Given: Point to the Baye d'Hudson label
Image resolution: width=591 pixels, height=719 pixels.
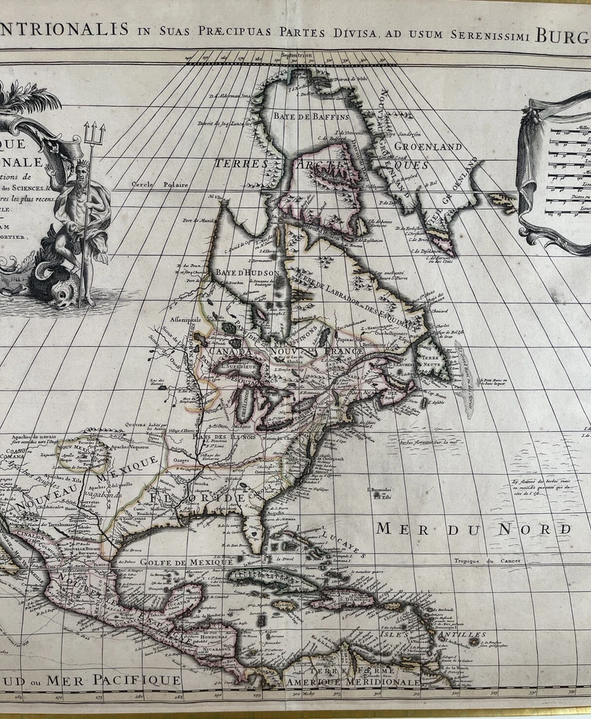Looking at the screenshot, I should point(237,273).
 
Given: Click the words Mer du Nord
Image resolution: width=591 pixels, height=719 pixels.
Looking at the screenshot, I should point(473,530).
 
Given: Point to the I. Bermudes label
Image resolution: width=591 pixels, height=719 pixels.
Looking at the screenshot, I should point(380,491).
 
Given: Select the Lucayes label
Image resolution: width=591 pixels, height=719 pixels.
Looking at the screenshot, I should point(342,543).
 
